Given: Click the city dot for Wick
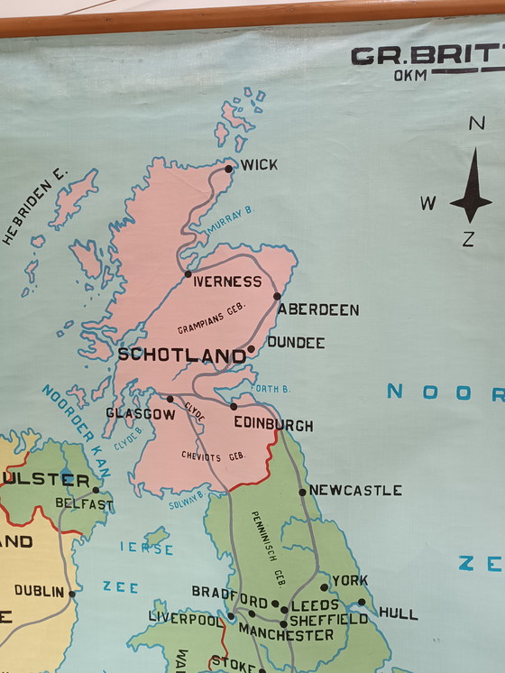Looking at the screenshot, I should tap(229, 169).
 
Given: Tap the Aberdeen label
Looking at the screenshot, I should tap(318, 309).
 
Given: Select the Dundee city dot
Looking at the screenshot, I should tap(251, 349).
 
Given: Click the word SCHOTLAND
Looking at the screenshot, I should tap(182, 355).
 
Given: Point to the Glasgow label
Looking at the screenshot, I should tap(140, 413).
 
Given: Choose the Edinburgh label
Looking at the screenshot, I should tap(273, 424).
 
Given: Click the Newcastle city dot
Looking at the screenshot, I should tap(303, 492).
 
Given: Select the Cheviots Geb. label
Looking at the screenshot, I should tap(213, 456).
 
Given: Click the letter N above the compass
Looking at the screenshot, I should tap(476, 124).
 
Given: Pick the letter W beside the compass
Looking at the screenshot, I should tap(427, 203).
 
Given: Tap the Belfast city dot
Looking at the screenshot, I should tap(96, 490).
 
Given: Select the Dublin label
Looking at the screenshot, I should tap(39, 592).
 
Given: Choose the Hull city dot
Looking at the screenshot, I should tap(362, 602).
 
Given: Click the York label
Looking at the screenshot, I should tap(350, 581).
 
